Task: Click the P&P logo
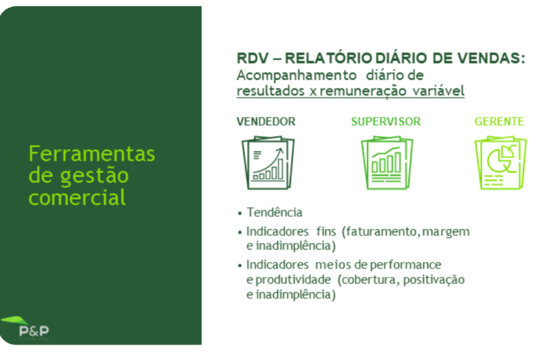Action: [25, 328]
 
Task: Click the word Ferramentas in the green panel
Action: [92, 154]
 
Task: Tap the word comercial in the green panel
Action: [77, 197]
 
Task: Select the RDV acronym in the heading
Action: [252, 58]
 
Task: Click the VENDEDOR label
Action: [266, 121]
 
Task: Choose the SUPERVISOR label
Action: [386, 121]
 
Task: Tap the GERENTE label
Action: [499, 121]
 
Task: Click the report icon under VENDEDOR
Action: [268, 163]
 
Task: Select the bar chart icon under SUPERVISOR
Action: [387, 163]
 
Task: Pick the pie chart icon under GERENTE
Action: [501, 163]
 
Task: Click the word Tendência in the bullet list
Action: [274, 212]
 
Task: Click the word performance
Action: [406, 265]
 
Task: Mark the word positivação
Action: [434, 280]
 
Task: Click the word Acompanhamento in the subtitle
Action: [297, 76]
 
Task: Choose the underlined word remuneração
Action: [363, 92]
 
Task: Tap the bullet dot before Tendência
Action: [239, 213]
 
